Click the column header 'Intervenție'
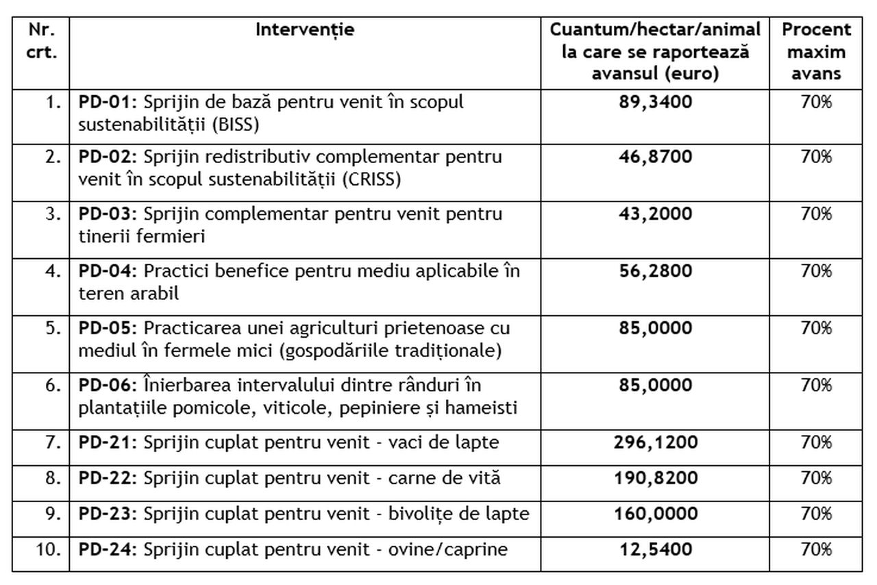tap(305, 30)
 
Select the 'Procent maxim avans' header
tap(817, 51)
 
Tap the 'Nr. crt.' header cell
tap(41, 40)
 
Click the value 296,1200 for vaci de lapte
tap(656, 443)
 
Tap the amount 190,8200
tap(656, 478)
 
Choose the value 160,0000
tap(656, 514)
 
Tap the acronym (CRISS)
tap(371, 179)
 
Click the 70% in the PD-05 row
tap(817, 328)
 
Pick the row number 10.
tap(51, 549)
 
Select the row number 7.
tap(54, 443)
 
